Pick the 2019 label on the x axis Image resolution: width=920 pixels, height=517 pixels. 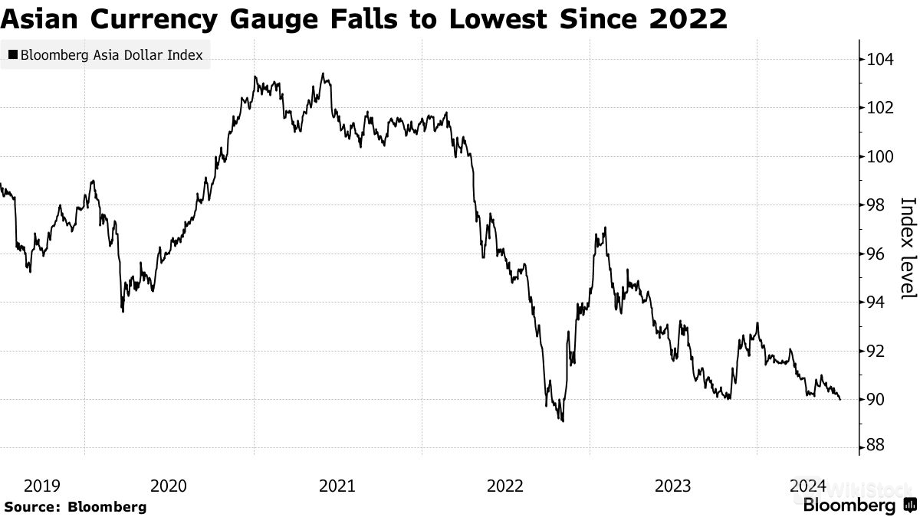coord(42,486)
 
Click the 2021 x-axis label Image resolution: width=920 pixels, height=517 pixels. coord(337,486)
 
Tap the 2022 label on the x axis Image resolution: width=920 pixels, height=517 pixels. coord(505,486)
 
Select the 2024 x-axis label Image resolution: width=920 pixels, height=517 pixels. coord(807,486)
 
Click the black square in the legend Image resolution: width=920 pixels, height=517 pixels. coord(12,55)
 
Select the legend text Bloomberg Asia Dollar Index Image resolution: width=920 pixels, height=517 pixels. coord(111,55)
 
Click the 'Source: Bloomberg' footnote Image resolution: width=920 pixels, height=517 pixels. coord(74,506)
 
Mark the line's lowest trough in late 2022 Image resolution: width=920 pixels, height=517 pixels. coord(563,420)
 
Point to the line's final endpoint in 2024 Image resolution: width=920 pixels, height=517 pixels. coord(840,399)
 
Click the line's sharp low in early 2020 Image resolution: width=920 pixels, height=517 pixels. coord(123,311)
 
